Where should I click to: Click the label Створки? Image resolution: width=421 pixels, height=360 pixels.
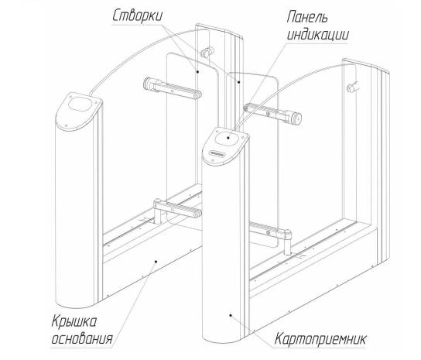click(x=137, y=16)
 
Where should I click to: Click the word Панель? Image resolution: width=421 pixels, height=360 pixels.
click(x=307, y=17)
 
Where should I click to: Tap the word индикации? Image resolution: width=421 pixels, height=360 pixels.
click(x=318, y=34)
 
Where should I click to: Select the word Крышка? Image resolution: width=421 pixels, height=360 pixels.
click(x=74, y=321)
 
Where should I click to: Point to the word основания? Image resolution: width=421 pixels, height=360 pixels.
click(x=82, y=338)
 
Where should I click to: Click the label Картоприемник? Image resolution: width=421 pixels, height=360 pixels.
click(x=320, y=338)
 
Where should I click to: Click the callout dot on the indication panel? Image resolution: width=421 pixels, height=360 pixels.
click(x=228, y=138)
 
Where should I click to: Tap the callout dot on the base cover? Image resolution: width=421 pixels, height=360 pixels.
click(x=156, y=261)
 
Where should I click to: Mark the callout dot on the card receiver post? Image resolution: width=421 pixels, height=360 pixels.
click(x=230, y=315)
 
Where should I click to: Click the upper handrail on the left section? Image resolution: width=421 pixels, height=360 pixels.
click(x=173, y=88)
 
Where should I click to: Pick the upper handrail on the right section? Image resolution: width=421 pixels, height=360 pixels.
click(x=272, y=114)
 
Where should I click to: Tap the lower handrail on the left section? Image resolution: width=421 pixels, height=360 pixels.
click(x=177, y=209)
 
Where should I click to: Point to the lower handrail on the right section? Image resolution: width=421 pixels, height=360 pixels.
click(x=270, y=231)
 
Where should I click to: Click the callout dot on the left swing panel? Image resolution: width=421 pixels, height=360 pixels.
click(x=197, y=72)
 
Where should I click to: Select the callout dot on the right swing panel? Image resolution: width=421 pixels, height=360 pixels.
click(x=239, y=81)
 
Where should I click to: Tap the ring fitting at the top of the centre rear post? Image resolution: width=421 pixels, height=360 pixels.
click(x=207, y=52)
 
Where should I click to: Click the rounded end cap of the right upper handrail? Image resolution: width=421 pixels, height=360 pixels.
click(x=296, y=118)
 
